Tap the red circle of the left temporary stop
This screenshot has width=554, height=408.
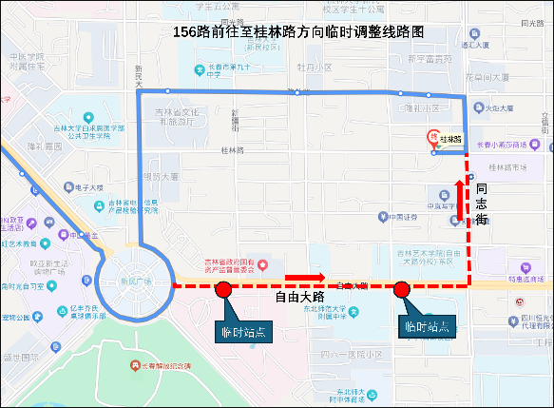coord(223,290)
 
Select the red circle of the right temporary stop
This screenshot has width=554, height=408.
coord(401,289)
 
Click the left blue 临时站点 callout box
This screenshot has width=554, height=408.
coord(242,332)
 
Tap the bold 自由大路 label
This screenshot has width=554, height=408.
coord(299,298)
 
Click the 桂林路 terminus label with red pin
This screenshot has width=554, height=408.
coord(447,139)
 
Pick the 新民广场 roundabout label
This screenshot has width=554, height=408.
coord(136,282)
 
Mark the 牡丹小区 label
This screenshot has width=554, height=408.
coord(314,68)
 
